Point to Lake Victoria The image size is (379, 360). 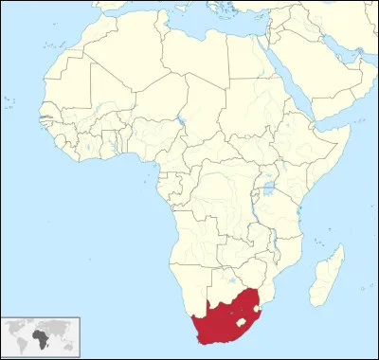(267, 189)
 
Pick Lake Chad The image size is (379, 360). (180, 122)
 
